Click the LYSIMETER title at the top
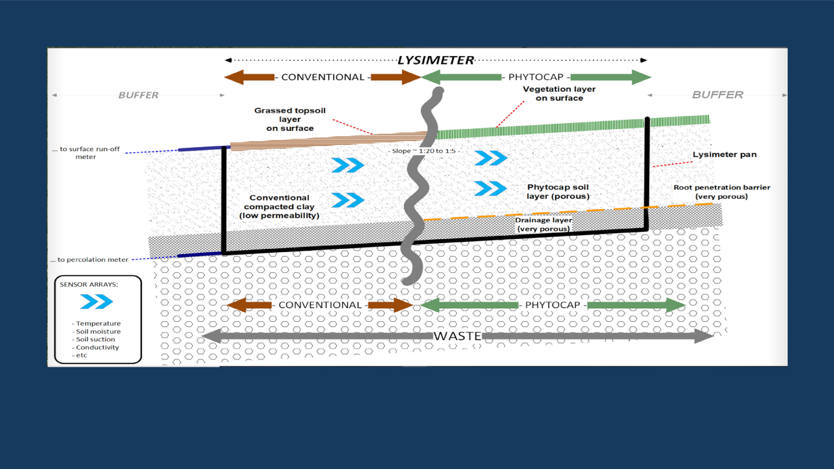pyautogui.click(x=435, y=61)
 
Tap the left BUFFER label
pyautogui.click(x=138, y=95)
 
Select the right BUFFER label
pyautogui.click(x=717, y=95)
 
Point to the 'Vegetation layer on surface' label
pyautogui.click(x=559, y=93)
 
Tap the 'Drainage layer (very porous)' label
pyautogui.click(x=543, y=225)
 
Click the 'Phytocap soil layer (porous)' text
pyautogui.click(x=558, y=192)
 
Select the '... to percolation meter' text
pyautogui.click(x=89, y=260)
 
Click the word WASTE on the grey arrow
pyautogui.click(x=457, y=336)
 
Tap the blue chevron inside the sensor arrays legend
pyautogui.click(x=96, y=302)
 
